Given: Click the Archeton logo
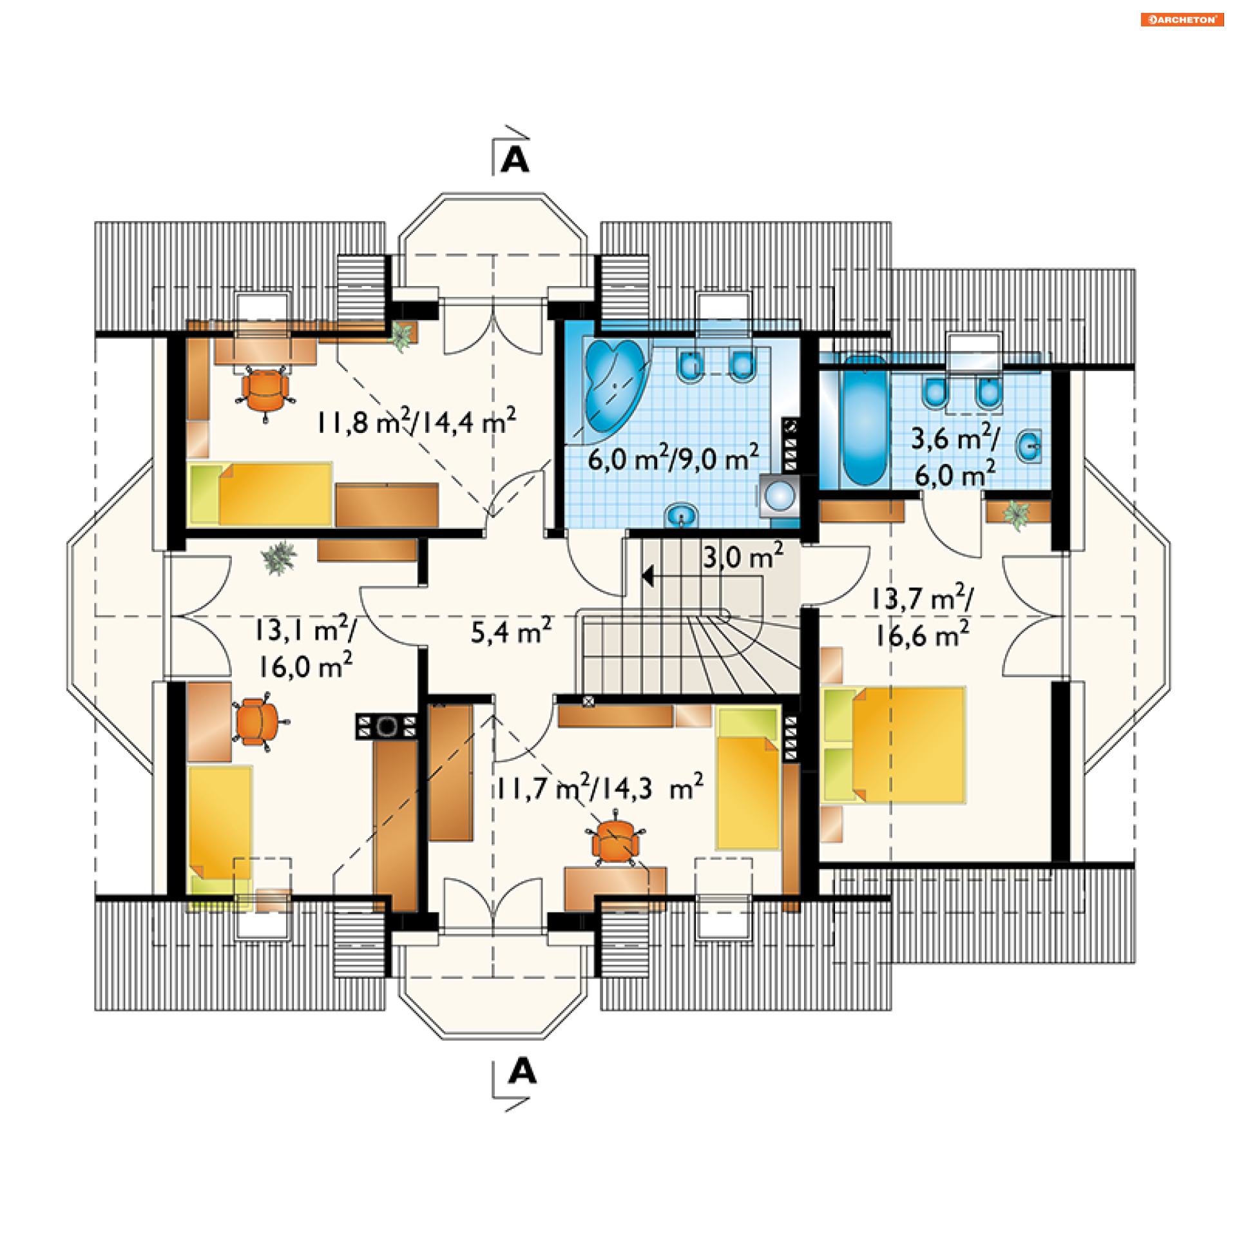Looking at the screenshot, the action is point(1182,19).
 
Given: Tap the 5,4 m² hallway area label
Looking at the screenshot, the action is point(511,631).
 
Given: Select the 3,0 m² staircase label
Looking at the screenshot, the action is point(743,556).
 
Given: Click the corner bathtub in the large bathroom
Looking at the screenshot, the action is point(614,385).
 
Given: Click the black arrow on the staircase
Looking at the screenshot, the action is point(647,576).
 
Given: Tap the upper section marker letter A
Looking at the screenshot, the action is point(515,159).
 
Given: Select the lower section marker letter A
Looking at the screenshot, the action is point(522,1071).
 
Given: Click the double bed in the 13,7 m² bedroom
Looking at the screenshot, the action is point(894,745).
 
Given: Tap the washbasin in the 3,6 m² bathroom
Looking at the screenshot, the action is point(1030,446).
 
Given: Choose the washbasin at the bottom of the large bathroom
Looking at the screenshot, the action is point(681,515).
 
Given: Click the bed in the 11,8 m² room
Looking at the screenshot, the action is point(260,494).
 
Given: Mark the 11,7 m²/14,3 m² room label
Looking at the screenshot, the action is point(600,788).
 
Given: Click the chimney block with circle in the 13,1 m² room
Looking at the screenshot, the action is point(387,727).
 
